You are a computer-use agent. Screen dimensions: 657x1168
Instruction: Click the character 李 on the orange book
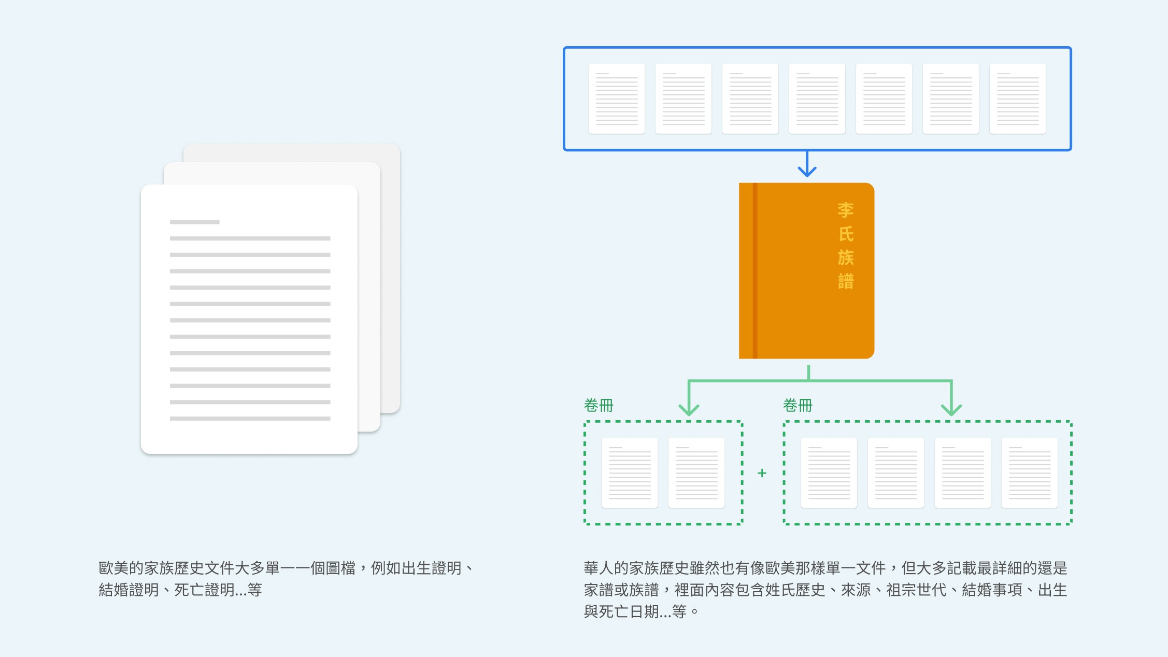click(x=845, y=210)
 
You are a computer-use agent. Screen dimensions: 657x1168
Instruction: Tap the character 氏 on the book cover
click(x=845, y=234)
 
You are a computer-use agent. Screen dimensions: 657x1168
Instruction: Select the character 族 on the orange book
click(x=845, y=258)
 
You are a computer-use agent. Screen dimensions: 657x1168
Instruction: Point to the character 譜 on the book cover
click(x=845, y=281)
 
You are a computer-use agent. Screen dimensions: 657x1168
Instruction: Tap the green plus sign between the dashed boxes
click(x=762, y=473)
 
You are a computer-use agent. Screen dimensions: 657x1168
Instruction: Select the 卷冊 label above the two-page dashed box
click(x=599, y=405)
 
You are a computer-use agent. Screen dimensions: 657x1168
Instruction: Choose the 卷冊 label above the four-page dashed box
click(x=797, y=405)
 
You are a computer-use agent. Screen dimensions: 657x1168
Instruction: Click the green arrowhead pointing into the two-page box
click(x=689, y=409)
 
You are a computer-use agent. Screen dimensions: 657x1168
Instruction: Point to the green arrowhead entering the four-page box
click(x=951, y=409)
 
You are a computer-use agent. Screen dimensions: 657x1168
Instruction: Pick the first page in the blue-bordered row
click(x=617, y=98)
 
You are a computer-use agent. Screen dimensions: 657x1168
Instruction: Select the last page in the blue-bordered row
click(x=1017, y=98)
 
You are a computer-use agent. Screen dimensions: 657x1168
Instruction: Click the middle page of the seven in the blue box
click(x=817, y=98)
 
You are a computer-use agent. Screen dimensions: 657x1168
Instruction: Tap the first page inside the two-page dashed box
click(x=630, y=473)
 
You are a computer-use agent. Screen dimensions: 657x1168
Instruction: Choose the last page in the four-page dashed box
click(x=1029, y=473)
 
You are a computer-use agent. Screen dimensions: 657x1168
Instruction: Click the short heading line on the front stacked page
click(x=194, y=222)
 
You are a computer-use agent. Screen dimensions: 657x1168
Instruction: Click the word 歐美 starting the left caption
click(x=113, y=568)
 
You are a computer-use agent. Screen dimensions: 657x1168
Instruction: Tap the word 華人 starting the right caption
click(x=599, y=568)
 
